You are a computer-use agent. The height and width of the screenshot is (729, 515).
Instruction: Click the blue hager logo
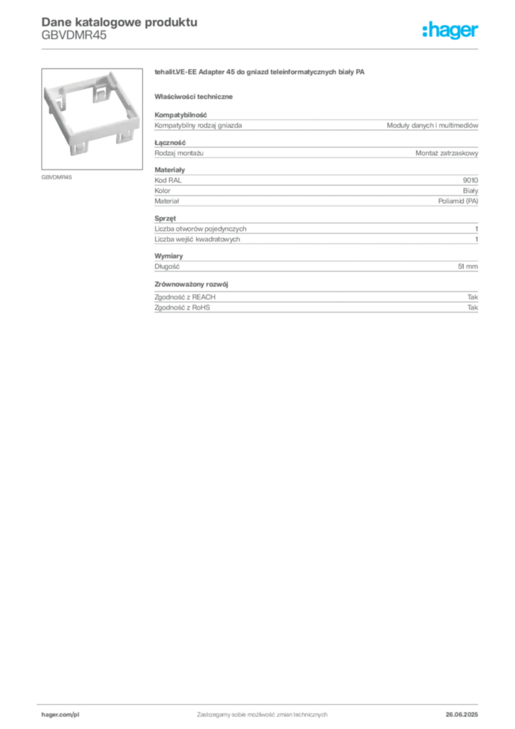coord(451,31)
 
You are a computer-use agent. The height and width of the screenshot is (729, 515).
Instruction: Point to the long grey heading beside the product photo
coord(261,73)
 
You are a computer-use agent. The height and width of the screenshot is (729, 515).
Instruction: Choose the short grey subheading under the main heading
coord(196,95)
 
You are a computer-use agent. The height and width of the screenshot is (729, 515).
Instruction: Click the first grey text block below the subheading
coord(315,125)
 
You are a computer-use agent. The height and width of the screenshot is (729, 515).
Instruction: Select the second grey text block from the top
coord(315,150)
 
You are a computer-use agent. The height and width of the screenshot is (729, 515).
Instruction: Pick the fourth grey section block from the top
coord(315,230)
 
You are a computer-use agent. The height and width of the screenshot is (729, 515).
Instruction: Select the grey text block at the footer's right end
coord(467,710)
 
